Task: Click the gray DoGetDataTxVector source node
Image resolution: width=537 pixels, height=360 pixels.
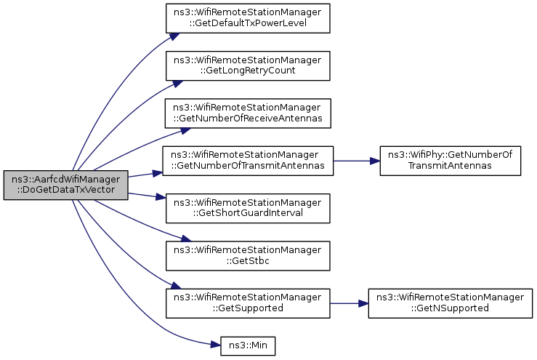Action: click(65, 185)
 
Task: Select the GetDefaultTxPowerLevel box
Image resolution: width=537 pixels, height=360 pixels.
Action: click(248, 18)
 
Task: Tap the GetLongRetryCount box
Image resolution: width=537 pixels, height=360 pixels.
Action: click(248, 66)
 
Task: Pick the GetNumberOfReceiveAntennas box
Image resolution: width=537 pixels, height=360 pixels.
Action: click(248, 113)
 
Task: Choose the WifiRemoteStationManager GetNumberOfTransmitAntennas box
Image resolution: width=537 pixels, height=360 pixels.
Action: click(248, 161)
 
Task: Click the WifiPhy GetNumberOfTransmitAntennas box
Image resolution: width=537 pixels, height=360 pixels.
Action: click(451, 161)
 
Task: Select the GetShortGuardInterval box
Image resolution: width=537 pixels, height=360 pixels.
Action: click(248, 209)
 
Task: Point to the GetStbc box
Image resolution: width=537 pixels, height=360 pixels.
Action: click(248, 256)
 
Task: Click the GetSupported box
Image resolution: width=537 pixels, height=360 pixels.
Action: click(248, 303)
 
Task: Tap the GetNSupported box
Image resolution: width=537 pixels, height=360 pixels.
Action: click(451, 303)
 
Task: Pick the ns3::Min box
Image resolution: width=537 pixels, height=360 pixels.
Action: click(248, 346)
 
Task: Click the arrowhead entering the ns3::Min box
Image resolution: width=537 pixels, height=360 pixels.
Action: click(216, 345)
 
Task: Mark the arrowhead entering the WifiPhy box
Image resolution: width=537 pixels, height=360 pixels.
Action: click(375, 161)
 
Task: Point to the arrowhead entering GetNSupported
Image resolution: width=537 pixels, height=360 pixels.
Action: click(363, 303)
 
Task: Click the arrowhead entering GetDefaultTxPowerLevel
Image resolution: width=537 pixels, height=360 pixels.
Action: click(174, 36)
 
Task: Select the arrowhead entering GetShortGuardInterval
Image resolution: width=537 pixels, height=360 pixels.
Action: click(161, 197)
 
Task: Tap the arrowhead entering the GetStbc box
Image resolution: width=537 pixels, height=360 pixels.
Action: click(185, 239)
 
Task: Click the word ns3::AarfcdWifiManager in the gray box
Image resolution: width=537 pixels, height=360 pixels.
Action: click(65, 180)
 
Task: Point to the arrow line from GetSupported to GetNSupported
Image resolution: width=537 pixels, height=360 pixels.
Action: click(349, 303)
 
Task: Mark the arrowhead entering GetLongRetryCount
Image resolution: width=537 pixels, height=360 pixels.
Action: click(177, 84)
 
